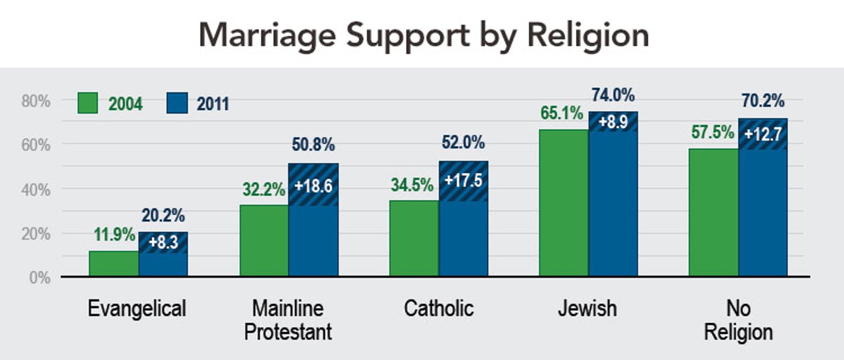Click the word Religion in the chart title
click(587, 35)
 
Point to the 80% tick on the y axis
click(35, 101)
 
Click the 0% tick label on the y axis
click(39, 278)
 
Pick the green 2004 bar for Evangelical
click(113, 263)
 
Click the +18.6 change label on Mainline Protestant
click(313, 186)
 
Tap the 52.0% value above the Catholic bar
click(462, 142)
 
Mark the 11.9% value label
click(113, 234)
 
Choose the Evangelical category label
click(137, 309)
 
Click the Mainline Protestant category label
click(288, 320)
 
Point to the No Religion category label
click(738, 320)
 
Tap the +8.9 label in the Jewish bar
click(614, 122)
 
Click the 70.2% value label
click(763, 101)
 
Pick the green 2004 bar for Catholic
click(414, 238)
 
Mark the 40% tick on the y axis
click(35, 189)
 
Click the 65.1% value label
click(561, 113)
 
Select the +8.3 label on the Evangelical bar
click(163, 242)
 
